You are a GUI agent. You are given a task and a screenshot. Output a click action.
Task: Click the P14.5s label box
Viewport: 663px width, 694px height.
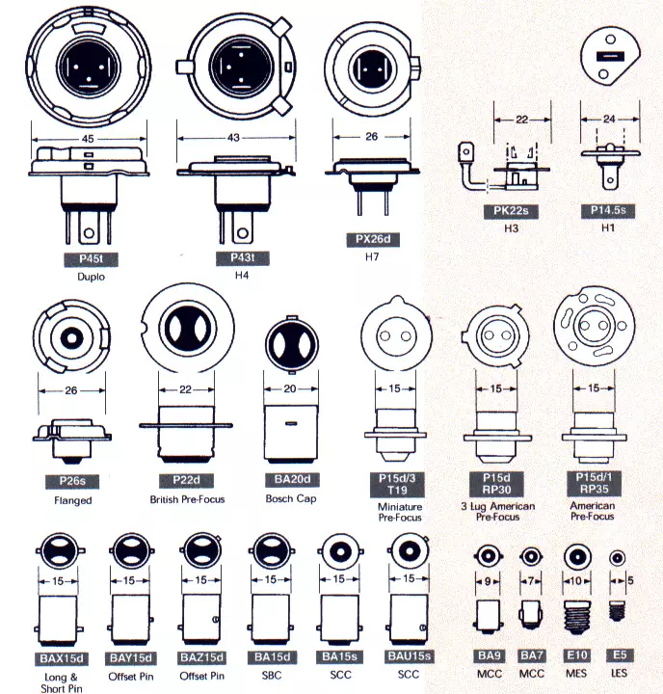click(608, 210)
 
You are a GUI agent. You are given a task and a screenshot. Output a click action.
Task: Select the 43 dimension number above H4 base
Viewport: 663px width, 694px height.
click(233, 138)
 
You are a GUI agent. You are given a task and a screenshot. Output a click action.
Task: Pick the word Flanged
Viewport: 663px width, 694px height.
click(73, 500)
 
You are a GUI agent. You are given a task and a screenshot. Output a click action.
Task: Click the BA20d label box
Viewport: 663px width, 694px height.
click(290, 479)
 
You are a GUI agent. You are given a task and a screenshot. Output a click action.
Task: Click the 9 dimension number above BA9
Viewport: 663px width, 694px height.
click(488, 581)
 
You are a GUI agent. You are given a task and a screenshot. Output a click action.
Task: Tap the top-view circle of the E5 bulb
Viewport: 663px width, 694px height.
click(617, 558)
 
